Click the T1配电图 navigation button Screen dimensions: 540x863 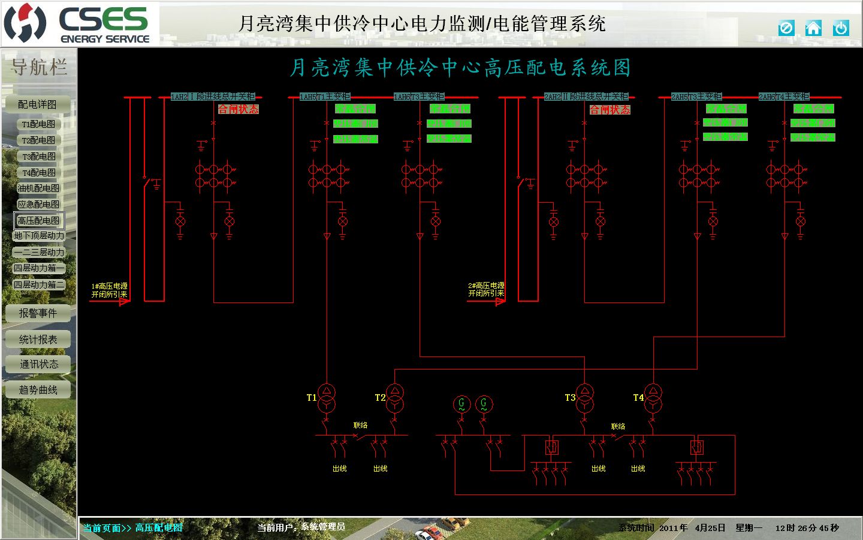coord(39,124)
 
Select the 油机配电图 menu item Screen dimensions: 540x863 coord(39,188)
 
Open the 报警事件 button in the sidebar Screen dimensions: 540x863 coord(38,313)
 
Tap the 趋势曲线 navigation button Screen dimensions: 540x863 coord(38,390)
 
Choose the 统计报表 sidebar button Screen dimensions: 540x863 coord(38,340)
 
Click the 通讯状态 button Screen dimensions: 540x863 coord(38,364)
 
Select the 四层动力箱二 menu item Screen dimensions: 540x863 coord(39,285)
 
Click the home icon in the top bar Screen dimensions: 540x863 coord(813,28)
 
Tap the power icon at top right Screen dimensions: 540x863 coord(841,28)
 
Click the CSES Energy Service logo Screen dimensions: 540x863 coord(78,24)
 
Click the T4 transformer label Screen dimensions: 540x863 coord(638,398)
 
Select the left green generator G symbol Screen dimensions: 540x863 coord(461,404)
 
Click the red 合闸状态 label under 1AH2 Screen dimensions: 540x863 coord(238,109)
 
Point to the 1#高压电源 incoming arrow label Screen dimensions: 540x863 coord(109,290)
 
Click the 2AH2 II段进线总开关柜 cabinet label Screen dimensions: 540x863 coord(586,97)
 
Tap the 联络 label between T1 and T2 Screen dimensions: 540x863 coord(360,425)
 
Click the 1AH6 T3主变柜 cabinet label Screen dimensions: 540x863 coord(419,97)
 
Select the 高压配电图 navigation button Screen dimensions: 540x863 coord(39,221)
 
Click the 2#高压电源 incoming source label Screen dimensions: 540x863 coord(486,290)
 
